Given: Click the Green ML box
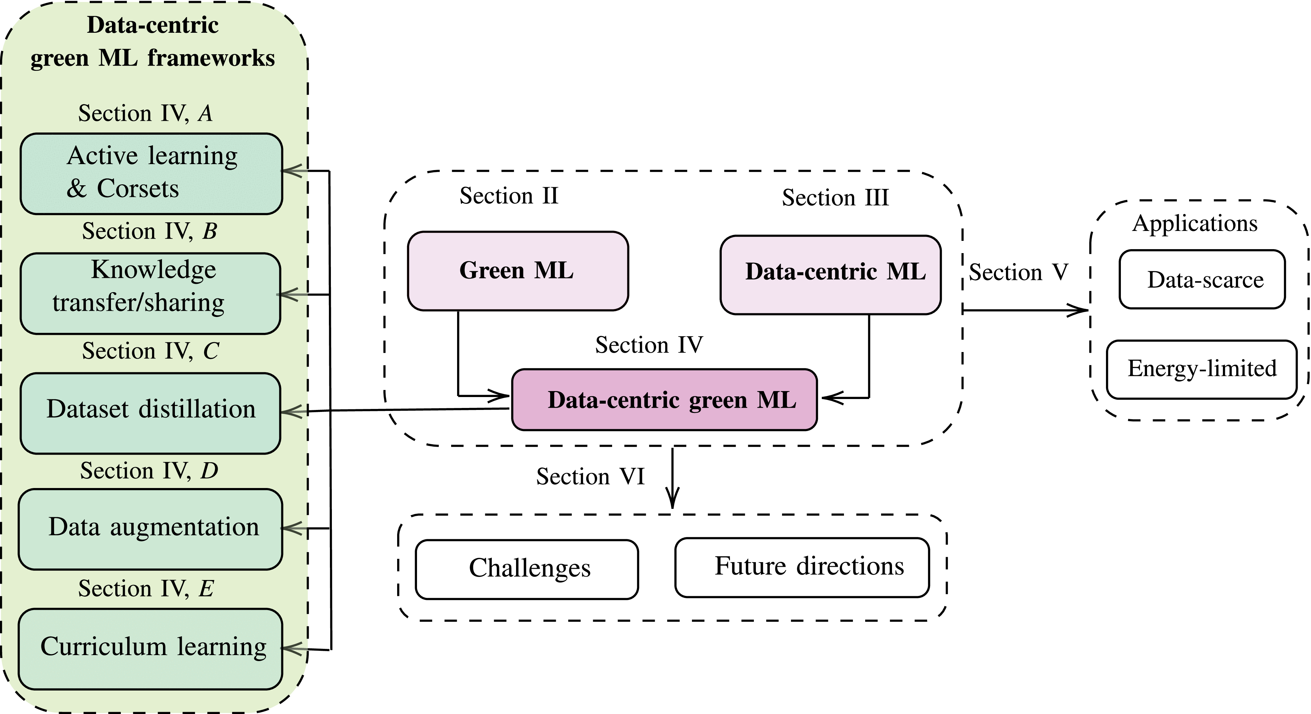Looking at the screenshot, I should (x=518, y=271).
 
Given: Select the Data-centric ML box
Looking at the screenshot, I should (x=830, y=275).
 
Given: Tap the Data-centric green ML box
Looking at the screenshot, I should (x=664, y=400).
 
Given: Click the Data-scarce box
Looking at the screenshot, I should (x=1202, y=279).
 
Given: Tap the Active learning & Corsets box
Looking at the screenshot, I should (x=151, y=173).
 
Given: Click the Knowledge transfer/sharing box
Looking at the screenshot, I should (x=150, y=293).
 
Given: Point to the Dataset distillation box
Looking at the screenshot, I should (x=150, y=413).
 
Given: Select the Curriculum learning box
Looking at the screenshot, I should (x=150, y=648).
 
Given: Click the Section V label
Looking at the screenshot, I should (x=1018, y=273).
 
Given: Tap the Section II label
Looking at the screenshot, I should (x=509, y=196).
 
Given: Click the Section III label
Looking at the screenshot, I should (x=835, y=198).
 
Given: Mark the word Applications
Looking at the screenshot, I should (x=1194, y=224).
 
